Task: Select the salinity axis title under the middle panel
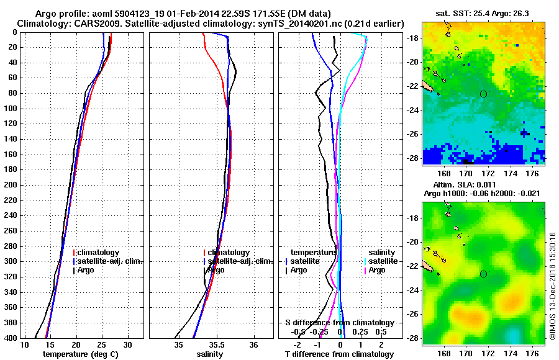211,354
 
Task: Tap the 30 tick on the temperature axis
127,344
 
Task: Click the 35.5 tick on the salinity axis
216,344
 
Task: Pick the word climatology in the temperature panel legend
99,253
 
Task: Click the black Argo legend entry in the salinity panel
216,270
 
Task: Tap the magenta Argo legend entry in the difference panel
376,270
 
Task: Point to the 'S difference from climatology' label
339,323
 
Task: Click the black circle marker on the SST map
483,94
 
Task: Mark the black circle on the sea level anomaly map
483,274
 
